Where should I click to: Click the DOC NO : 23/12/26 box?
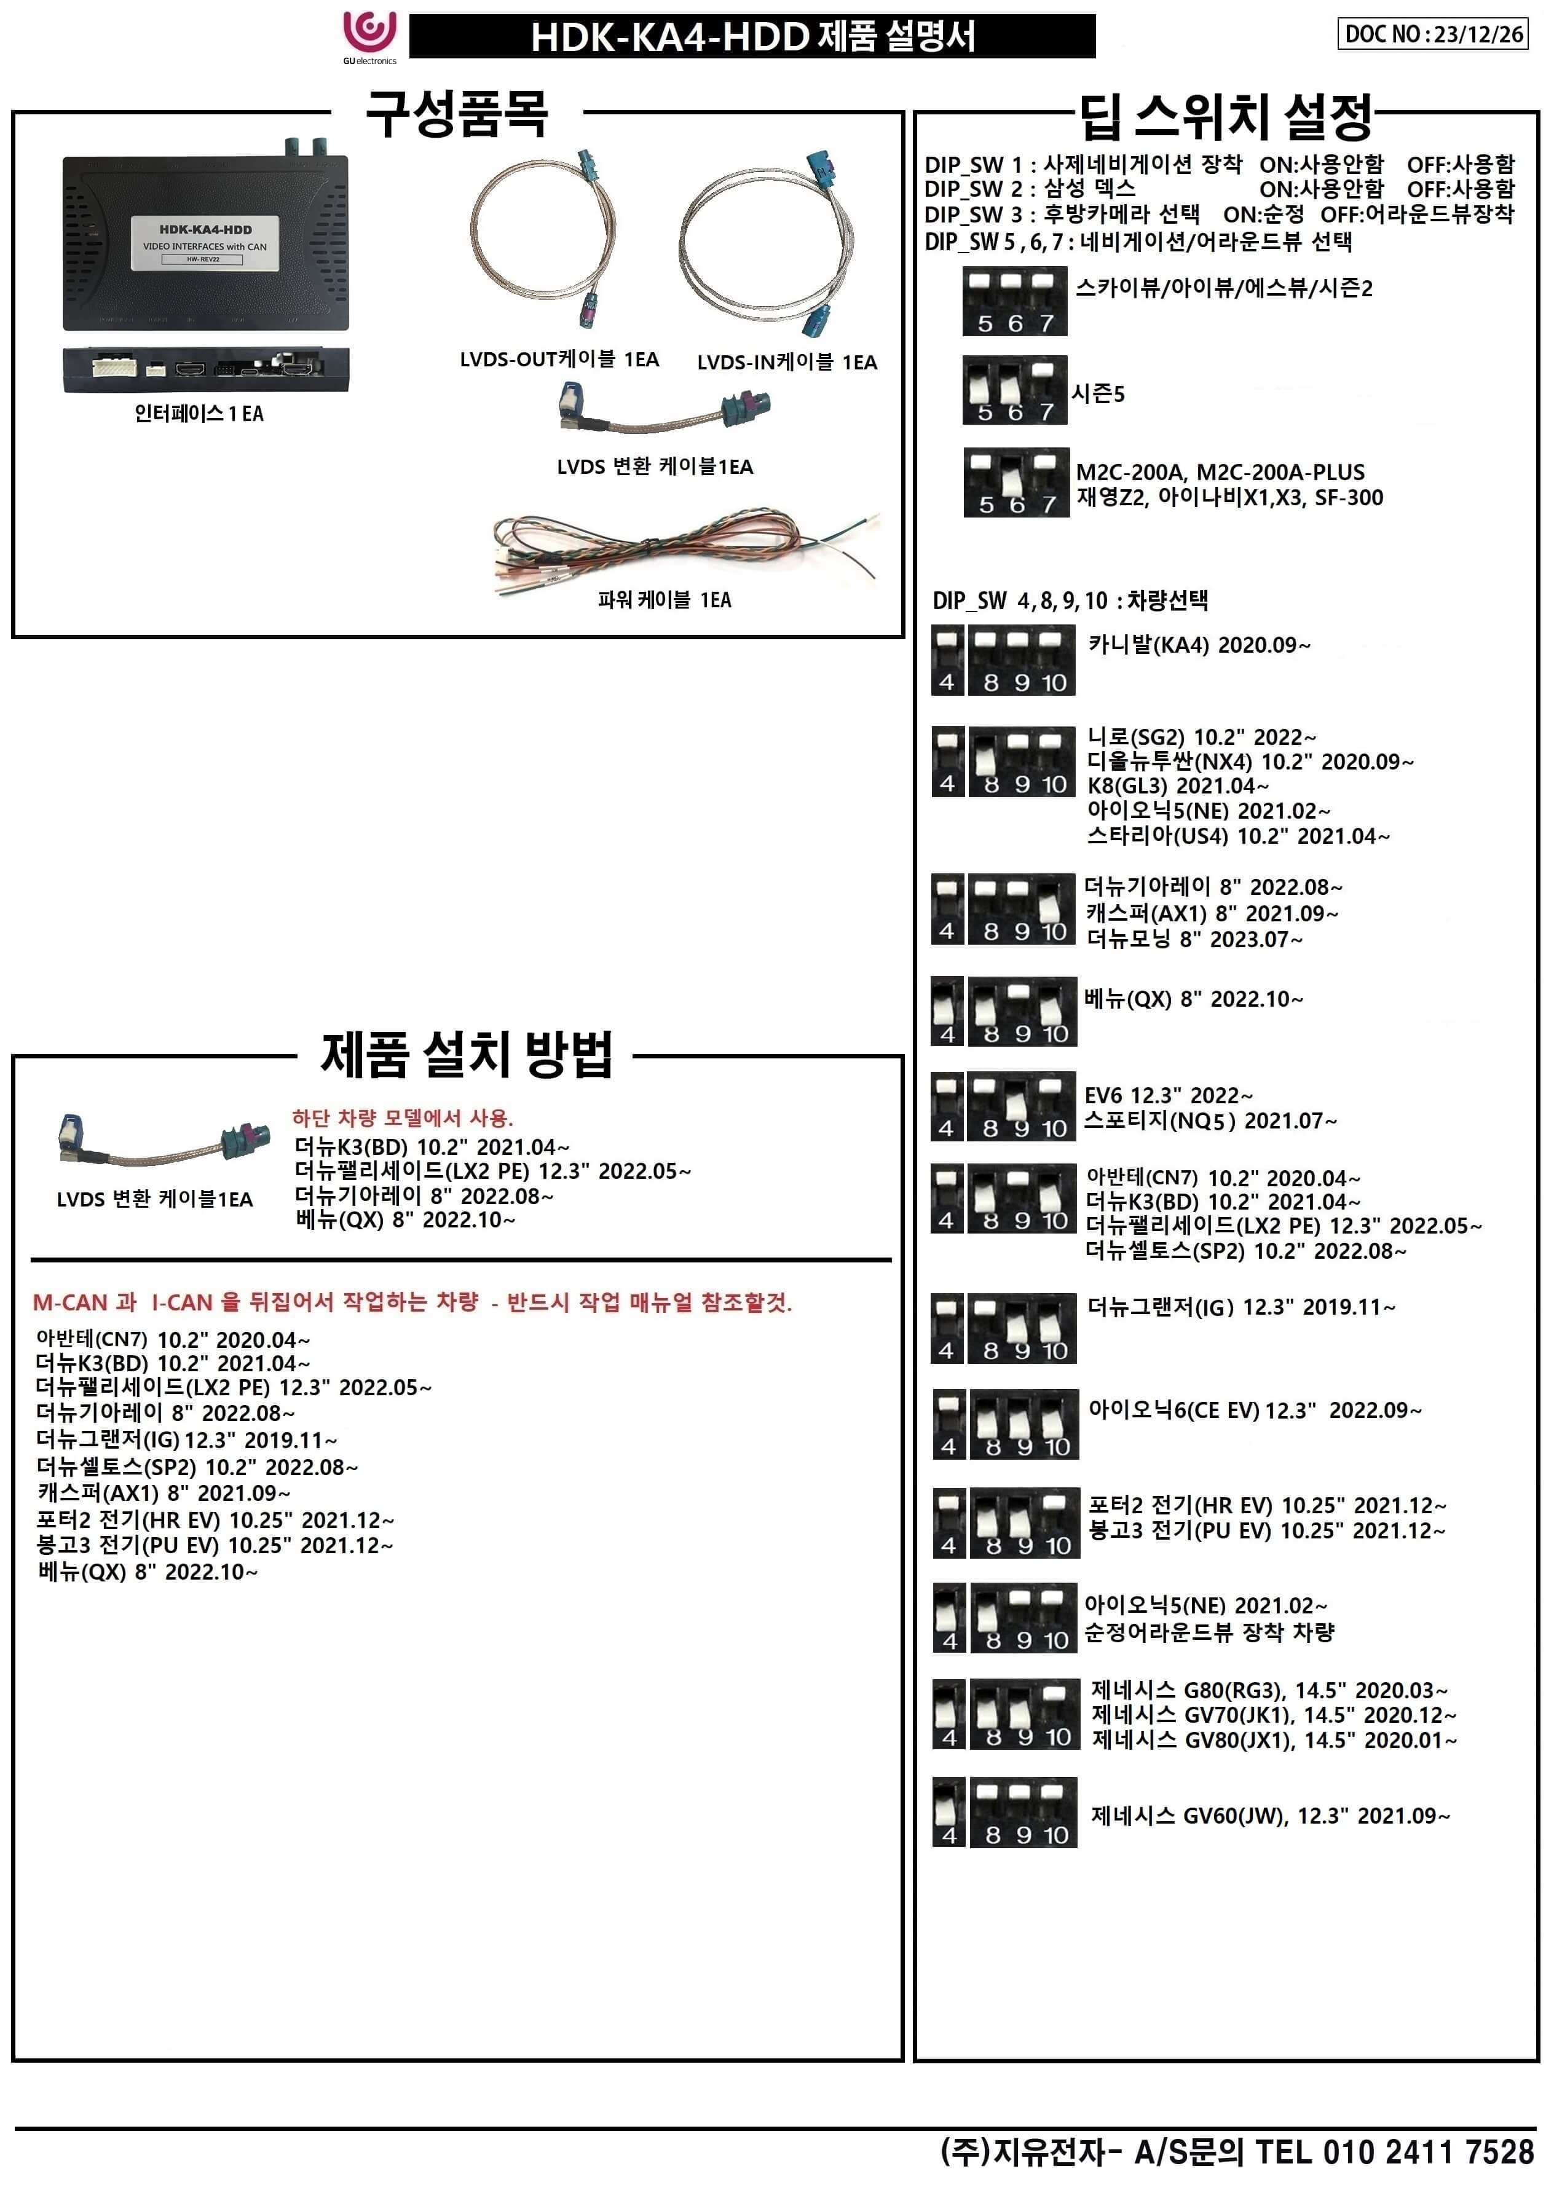[x=1432, y=34]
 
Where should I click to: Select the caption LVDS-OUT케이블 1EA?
[x=559, y=360]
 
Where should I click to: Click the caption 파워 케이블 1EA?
[x=664, y=600]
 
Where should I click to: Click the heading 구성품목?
[x=457, y=115]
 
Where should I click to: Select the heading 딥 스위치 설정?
[x=1226, y=117]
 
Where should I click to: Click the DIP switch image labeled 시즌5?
[x=1016, y=390]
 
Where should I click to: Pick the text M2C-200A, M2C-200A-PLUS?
[x=1220, y=471]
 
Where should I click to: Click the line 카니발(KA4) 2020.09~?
[x=1199, y=645]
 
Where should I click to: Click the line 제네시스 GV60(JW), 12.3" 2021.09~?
[x=1270, y=1816]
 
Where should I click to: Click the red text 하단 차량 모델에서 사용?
[x=403, y=1117]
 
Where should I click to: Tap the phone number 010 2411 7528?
[x=1428, y=2152]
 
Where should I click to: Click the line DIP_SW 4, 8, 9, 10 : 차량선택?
[x=1070, y=600]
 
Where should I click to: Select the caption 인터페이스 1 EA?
[x=199, y=413]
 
